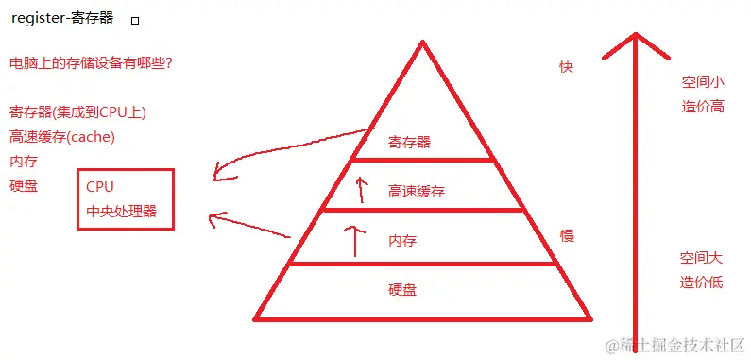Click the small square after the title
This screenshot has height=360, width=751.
(134, 20)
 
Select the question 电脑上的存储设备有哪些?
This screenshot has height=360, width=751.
(91, 63)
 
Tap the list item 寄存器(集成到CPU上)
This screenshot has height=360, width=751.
(77, 112)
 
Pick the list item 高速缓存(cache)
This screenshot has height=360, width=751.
(62, 137)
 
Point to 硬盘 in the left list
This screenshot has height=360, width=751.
(24, 186)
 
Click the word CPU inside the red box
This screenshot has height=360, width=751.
(99, 187)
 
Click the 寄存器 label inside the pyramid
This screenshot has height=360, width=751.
(409, 143)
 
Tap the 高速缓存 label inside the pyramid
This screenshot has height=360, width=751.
(416, 192)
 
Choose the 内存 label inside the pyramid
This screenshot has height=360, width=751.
(402, 242)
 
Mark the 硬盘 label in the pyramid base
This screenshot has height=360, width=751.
(402, 290)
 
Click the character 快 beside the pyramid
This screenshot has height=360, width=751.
(566, 66)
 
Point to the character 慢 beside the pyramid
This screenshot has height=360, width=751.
(567, 235)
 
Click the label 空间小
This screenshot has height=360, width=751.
(702, 81)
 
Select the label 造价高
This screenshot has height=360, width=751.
(702, 106)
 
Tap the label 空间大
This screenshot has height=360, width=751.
(701, 257)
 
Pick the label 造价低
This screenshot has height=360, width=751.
(701, 282)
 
